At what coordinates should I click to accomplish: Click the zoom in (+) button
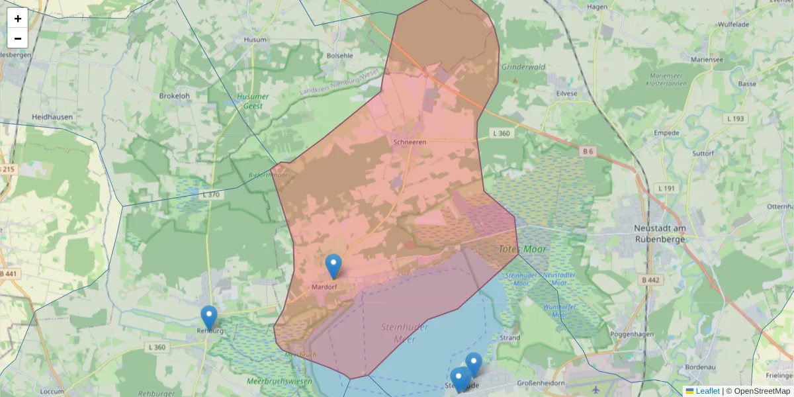(18, 19)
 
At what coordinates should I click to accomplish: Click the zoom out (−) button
(18, 38)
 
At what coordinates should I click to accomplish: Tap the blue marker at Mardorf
(333, 266)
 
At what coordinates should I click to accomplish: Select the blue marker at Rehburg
(209, 318)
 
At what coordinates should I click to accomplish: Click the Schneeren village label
(410, 142)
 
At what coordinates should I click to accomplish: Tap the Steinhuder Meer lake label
(405, 333)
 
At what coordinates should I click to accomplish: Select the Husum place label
(255, 40)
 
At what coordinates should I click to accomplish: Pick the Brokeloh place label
(174, 96)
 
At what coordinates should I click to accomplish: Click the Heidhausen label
(52, 117)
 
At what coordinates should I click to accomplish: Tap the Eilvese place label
(566, 94)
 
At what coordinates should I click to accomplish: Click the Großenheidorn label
(541, 383)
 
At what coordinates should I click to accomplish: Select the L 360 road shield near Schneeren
(502, 134)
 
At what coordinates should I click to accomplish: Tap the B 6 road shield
(588, 152)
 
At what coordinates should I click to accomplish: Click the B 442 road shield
(650, 281)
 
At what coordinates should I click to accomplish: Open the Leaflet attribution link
(707, 391)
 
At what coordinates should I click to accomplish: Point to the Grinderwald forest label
(523, 67)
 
